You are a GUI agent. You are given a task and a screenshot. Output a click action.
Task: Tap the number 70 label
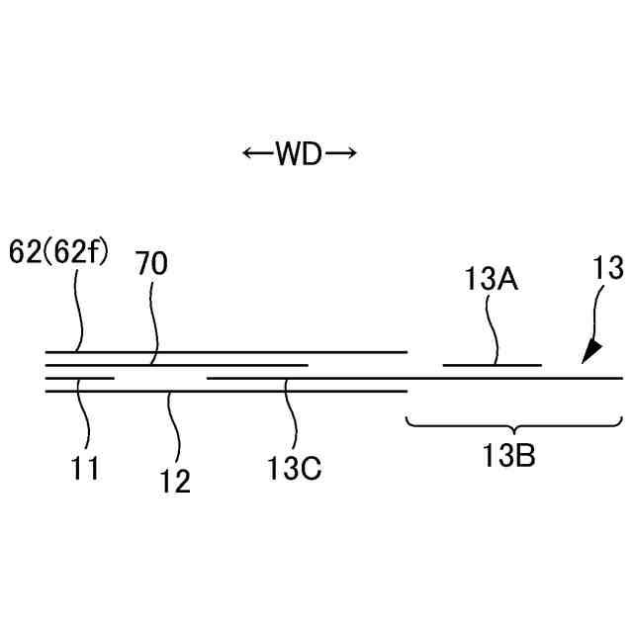[x=151, y=264]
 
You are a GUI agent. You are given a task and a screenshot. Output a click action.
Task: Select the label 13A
[x=492, y=280]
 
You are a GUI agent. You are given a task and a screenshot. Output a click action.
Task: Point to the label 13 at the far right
[x=607, y=267]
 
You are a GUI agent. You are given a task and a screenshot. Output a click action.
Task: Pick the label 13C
[x=295, y=468]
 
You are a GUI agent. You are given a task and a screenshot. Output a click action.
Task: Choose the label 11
[x=85, y=468]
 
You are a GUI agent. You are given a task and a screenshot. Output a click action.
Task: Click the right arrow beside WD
[x=339, y=153]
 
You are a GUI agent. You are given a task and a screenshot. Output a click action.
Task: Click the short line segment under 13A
[x=492, y=366]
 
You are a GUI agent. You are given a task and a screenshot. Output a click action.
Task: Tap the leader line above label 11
[x=85, y=415]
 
